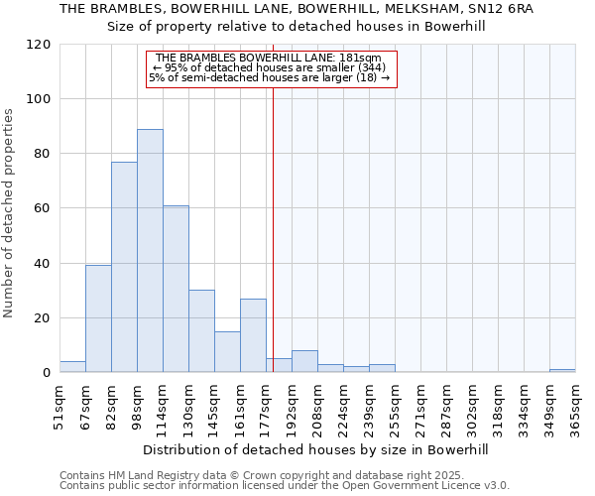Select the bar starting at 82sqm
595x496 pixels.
coord(124,267)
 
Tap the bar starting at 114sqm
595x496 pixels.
coord(176,289)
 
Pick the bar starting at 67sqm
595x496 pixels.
coord(98,318)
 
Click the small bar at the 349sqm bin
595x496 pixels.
coord(562,371)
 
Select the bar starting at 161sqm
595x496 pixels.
coord(253,335)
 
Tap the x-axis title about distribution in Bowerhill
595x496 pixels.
coord(316,449)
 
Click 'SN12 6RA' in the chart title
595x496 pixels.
coord(505,9)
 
